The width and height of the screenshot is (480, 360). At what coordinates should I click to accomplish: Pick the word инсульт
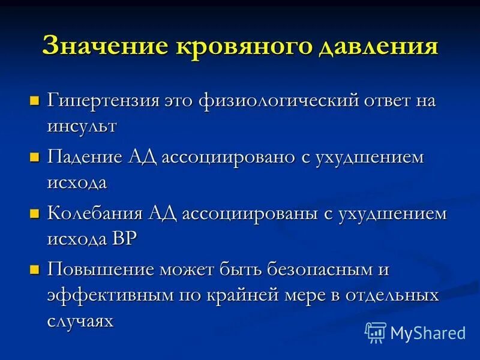point(82,127)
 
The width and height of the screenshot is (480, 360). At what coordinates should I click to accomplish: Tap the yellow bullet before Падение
point(35,157)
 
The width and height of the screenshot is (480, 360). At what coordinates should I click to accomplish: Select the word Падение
point(85,158)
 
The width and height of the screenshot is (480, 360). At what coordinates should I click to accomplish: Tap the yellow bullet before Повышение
point(35,269)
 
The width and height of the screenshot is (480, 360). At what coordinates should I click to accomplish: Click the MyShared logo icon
point(376,332)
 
